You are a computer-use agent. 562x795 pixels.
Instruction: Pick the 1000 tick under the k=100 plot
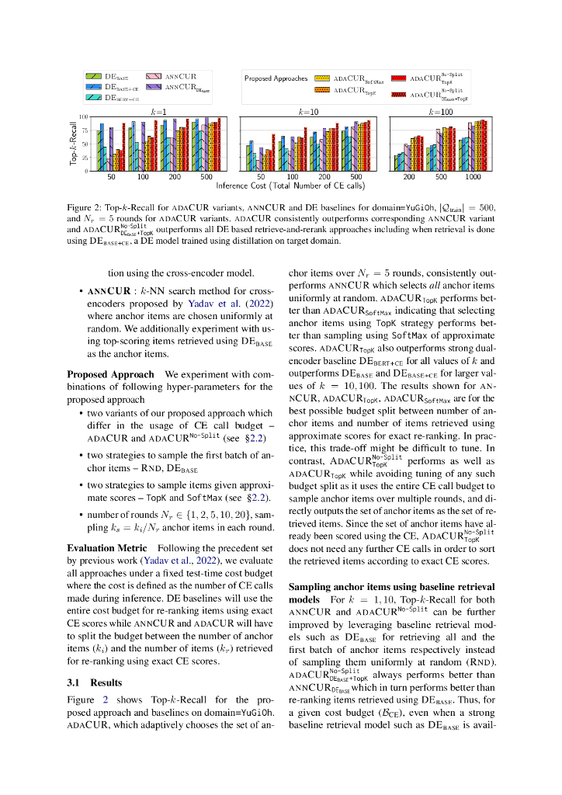pyautogui.click(x=473, y=178)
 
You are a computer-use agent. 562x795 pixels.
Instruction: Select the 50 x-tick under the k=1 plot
pyautogui.click(x=111, y=178)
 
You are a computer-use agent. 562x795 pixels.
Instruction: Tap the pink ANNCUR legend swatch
pyautogui.click(x=153, y=77)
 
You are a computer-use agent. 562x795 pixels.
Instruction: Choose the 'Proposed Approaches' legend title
pyautogui.click(x=276, y=78)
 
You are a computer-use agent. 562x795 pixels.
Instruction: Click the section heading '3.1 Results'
pyautogui.click(x=95, y=682)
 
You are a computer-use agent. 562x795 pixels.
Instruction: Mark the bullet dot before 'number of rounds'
pyautogui.click(x=82, y=513)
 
